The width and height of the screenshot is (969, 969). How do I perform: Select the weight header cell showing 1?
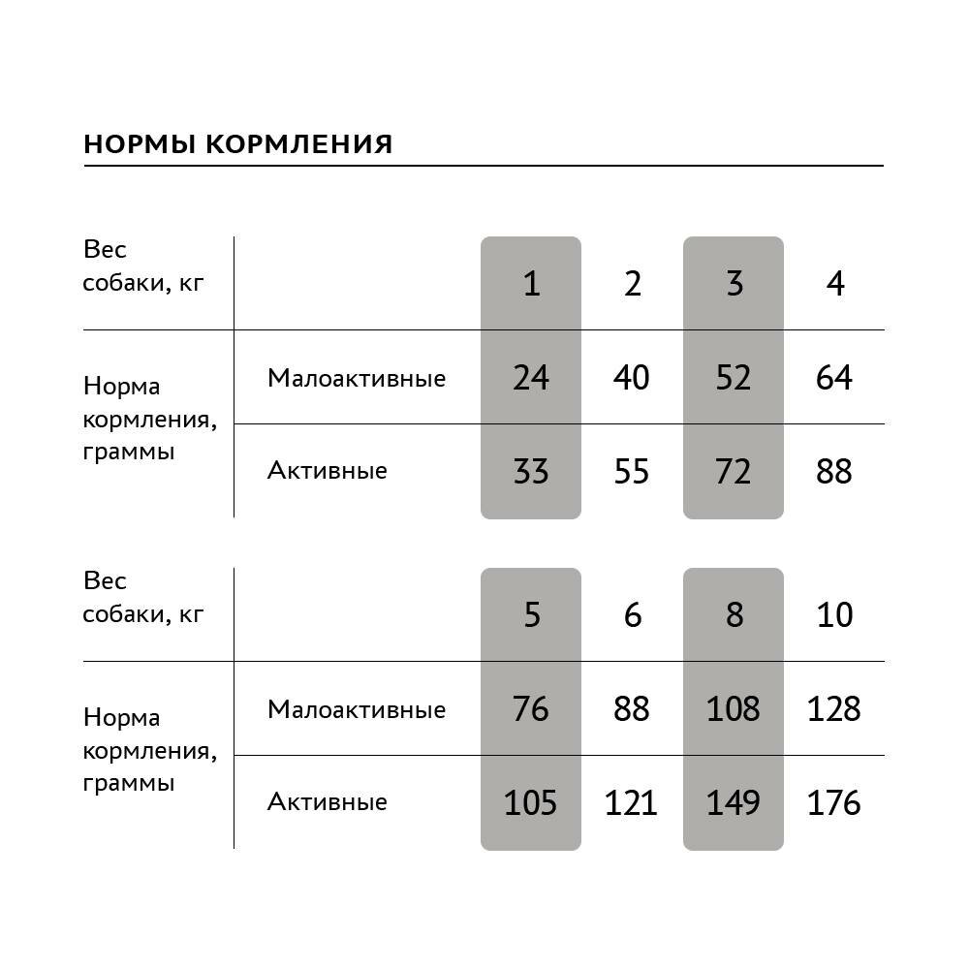(531, 284)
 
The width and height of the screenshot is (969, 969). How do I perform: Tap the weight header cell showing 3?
(734, 284)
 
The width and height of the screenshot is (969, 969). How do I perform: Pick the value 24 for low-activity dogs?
(531, 377)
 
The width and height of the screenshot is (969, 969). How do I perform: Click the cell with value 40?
(632, 377)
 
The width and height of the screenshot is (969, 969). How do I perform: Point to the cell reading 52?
(734, 377)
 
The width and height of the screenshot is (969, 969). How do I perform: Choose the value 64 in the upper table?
(834, 377)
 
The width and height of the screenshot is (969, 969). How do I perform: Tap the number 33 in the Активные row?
(531, 472)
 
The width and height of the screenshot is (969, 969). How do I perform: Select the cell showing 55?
(632, 472)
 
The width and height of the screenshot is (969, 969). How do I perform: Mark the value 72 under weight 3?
(734, 472)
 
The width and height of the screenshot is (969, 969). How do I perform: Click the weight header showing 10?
(834, 615)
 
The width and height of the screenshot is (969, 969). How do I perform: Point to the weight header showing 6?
(632, 615)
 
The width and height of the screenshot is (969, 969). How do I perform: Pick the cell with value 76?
(531, 709)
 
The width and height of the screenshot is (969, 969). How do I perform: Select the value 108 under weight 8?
(734, 709)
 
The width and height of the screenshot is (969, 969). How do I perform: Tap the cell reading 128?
(834, 709)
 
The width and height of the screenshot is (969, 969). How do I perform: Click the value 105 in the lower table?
(531, 803)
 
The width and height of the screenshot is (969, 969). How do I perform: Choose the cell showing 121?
(632, 803)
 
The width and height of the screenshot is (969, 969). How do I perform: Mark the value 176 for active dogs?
(834, 803)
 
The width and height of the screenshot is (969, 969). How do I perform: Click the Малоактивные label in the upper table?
(357, 378)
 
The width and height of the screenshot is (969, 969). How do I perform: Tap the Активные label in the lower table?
(328, 802)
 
